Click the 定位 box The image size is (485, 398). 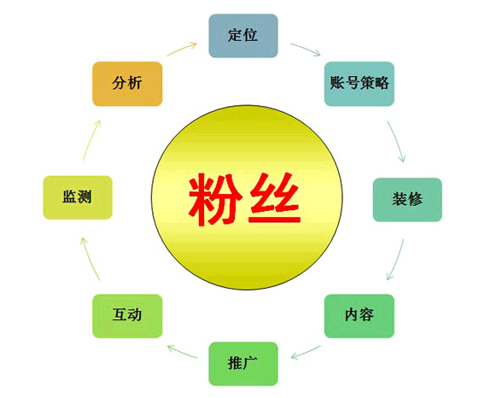[243, 36]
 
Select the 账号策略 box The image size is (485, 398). [359, 84]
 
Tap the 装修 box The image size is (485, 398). [407, 200]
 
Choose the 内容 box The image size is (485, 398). [359, 316]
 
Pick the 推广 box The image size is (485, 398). [243, 364]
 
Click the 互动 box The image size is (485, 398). [127, 316]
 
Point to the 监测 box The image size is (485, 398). [78, 197]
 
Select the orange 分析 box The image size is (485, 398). [127, 84]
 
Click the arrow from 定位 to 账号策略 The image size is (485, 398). [306, 49]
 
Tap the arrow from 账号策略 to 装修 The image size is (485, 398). [397, 141]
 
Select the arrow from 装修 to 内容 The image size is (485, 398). [396, 260]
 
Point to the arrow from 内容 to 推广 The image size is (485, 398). [306, 353]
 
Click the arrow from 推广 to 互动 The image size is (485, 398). [182, 352]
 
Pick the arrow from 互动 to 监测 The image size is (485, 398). [90, 259]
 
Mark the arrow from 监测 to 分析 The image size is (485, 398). [91, 140]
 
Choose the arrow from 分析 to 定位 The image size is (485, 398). [182, 49]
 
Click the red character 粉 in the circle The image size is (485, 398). [215, 199]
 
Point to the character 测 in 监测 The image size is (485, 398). [85, 196]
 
